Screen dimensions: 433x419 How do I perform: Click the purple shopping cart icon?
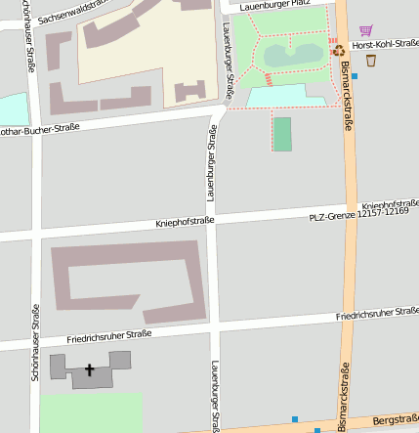[x=365, y=31]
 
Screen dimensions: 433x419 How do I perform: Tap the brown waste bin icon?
[x=371, y=60]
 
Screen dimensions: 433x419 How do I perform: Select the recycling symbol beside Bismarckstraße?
[x=338, y=50]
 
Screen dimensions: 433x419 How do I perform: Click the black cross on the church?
[x=91, y=370]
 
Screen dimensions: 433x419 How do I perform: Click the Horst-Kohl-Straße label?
[x=386, y=45]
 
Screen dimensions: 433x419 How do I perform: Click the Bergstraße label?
[x=396, y=421]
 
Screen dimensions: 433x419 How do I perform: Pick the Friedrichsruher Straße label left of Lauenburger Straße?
[x=108, y=337]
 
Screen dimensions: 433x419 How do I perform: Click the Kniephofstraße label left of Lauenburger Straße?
[x=185, y=223]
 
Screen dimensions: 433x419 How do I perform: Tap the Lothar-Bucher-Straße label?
[x=39, y=128]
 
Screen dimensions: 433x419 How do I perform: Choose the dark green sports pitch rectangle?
[x=282, y=134]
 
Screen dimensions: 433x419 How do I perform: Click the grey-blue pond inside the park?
[x=292, y=55]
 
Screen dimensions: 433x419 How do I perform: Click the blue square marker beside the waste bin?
[x=355, y=75]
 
